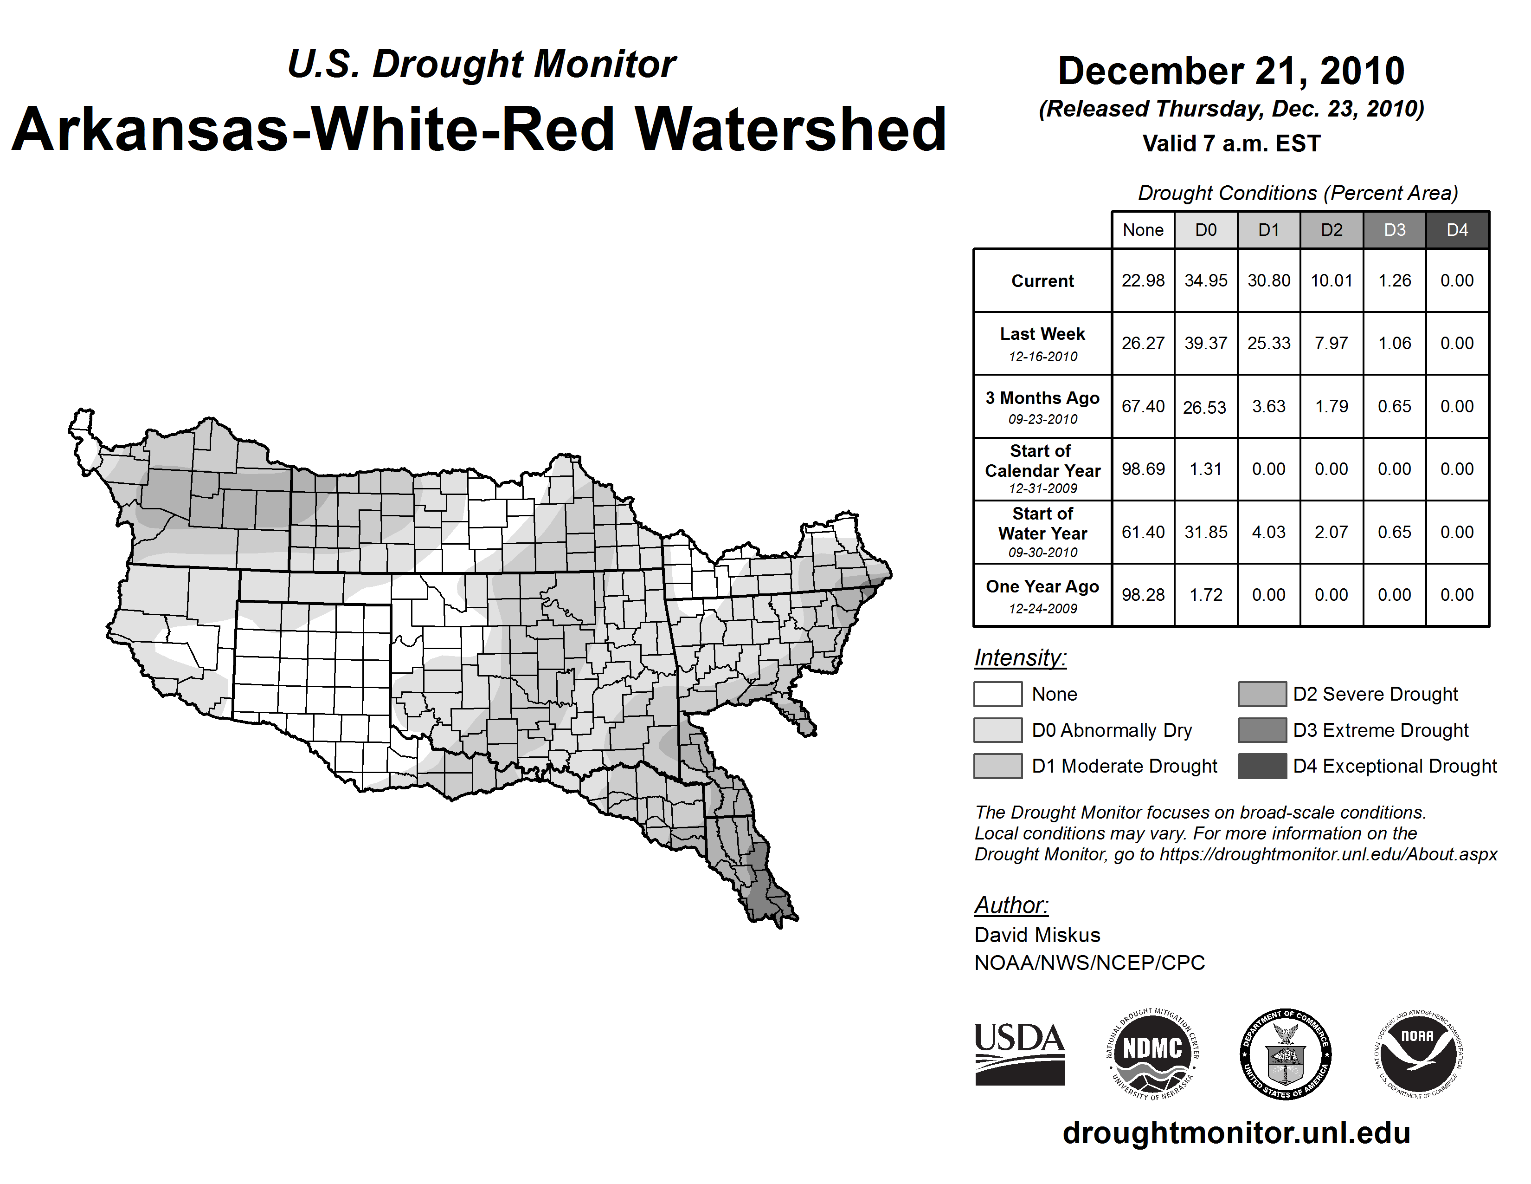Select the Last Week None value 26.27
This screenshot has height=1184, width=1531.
[1143, 343]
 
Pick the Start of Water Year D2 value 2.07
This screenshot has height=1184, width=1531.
[1331, 533]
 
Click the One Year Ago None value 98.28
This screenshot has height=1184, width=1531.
[1143, 595]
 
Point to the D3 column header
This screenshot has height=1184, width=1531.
[1394, 230]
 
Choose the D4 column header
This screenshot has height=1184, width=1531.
[1457, 230]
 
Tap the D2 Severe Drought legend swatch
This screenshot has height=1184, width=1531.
[1262, 694]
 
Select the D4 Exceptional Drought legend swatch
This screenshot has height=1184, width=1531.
[1262, 766]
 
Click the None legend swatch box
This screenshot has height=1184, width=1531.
[997, 694]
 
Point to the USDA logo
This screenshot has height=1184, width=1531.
[1019, 1054]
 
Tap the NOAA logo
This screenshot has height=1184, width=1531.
[1417, 1054]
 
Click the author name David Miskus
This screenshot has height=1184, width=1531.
[1037, 935]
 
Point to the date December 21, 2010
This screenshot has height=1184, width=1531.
[1231, 71]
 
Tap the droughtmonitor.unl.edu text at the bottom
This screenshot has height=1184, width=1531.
[1236, 1133]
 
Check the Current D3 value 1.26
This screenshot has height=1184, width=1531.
[1394, 280]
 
